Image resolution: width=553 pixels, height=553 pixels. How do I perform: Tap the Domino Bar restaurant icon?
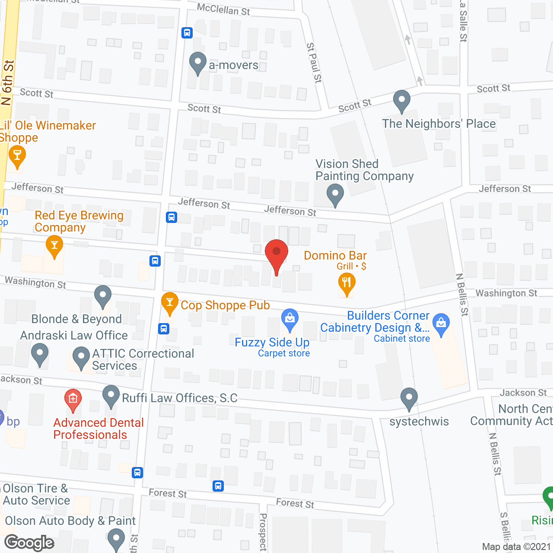(x=346, y=284)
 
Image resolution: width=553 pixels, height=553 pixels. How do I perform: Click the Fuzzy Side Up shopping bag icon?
(x=290, y=319)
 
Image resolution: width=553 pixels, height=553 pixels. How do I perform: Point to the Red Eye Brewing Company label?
(x=79, y=221)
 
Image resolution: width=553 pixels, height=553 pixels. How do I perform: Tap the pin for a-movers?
(x=198, y=63)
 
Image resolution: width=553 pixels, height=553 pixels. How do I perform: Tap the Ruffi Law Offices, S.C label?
(x=180, y=398)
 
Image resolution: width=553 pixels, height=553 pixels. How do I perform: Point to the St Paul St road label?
(x=314, y=63)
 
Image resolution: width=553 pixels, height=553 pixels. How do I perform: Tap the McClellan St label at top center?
(x=223, y=9)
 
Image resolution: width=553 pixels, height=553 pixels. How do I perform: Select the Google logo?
(x=29, y=543)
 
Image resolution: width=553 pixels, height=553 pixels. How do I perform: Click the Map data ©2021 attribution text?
(x=516, y=547)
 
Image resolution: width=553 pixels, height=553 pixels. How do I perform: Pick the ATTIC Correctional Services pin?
(x=81, y=358)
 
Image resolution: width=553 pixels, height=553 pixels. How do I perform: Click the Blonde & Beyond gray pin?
(x=103, y=296)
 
